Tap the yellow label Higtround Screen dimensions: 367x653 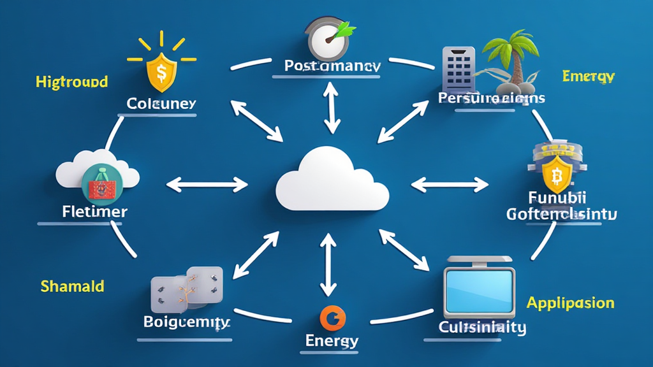tap(71, 82)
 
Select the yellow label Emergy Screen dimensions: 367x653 tap(588, 76)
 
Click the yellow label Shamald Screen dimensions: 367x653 tap(72, 286)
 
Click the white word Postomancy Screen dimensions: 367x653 tap(332, 66)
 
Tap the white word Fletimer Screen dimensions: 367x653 tap(95, 211)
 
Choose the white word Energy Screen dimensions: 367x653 tap(332, 340)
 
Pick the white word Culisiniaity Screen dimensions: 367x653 tap(482, 327)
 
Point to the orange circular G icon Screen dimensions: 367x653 tap(332, 316)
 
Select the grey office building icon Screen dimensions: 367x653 tap(457, 68)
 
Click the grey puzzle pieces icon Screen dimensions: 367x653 tap(186, 288)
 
